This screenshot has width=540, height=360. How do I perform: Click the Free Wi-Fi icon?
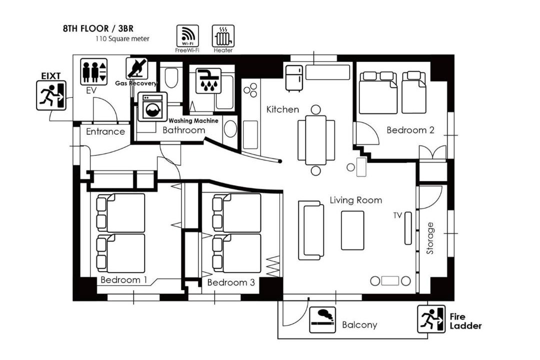pos(187,36)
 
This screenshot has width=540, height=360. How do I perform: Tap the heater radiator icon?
pos(223,36)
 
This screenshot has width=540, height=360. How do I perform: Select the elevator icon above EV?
pos(93,71)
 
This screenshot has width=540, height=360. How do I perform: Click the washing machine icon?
pos(152,107)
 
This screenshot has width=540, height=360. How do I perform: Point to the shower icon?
pos(208,81)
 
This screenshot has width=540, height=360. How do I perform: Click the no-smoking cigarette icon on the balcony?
pos(322,319)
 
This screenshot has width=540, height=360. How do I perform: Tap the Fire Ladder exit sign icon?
pos(431,319)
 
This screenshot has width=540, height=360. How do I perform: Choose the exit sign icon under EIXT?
pos(51,95)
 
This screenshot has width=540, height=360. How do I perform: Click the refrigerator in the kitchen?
pos(294,78)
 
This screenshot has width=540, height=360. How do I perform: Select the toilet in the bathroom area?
pos(171,78)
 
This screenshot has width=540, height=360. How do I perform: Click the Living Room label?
pos(356,200)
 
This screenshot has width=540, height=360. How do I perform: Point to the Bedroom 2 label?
pos(410,130)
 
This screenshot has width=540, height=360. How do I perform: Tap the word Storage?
pos(430,238)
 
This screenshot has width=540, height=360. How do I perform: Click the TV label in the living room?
pos(398,215)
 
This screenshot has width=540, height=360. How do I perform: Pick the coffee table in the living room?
pos(352,230)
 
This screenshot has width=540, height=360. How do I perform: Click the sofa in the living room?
pos(311,230)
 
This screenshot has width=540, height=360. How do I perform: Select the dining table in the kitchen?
pos(316,140)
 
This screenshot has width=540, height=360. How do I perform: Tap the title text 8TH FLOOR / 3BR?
pos(98,28)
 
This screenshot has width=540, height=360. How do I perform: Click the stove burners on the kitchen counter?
pos(250,89)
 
